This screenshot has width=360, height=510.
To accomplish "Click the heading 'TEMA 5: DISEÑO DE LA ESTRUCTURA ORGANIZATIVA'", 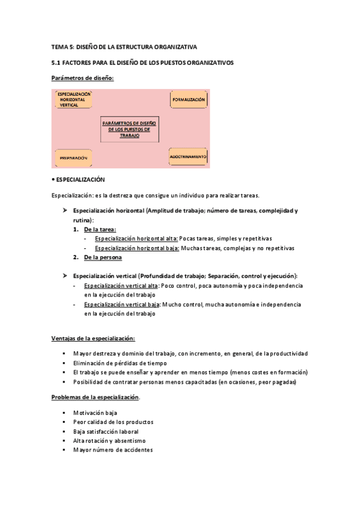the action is (x=124, y=46).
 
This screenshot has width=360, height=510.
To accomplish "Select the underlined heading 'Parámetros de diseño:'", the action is (x=82, y=78).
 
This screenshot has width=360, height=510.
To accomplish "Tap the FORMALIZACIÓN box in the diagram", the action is (x=189, y=99).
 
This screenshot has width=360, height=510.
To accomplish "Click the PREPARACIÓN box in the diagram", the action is (x=74, y=158).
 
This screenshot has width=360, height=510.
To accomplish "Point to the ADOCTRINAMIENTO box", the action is (x=188, y=156).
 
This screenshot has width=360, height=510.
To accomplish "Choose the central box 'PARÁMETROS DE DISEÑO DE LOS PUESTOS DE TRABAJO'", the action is (x=129, y=129).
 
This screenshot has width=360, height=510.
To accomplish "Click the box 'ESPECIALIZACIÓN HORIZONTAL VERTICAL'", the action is (x=74, y=100).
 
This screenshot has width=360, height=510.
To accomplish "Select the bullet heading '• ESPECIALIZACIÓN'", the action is (x=79, y=180).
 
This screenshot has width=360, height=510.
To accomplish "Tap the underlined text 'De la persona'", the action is (x=103, y=257).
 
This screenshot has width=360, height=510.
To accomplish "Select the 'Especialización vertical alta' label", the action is (x=121, y=286).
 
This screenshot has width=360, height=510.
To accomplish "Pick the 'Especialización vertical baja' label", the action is (x=121, y=304).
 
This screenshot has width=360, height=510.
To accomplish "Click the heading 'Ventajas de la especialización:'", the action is (x=93, y=338).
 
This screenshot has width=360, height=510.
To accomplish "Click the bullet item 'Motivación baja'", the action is (x=95, y=413).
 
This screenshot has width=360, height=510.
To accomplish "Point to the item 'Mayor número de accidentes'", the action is (x=113, y=450).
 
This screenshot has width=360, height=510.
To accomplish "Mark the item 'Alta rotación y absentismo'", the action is (x=109, y=440).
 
